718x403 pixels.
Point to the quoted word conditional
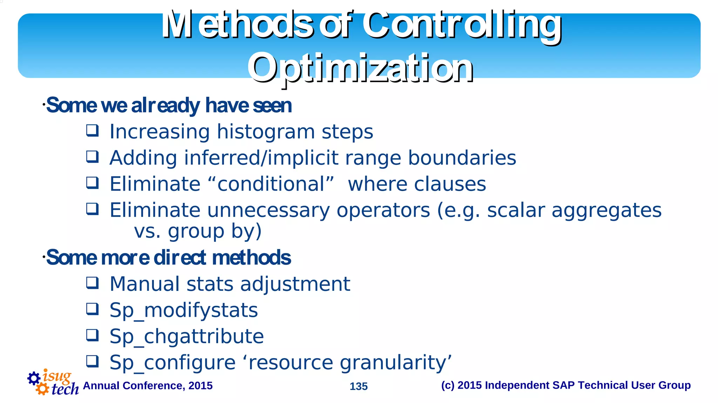pos(271,184)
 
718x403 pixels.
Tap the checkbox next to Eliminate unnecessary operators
pos(93,209)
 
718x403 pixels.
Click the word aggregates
pos(606,210)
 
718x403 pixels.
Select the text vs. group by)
pos(198,231)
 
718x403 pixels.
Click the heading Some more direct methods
pos(168,258)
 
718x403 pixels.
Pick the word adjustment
pos(295,284)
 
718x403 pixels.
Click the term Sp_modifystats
pos(183,310)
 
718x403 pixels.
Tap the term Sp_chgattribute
pos(187,336)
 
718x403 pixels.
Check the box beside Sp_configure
pos(93,361)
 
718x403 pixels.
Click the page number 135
pos(358,386)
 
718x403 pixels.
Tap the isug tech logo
pos(53,382)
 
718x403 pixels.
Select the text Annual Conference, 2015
pos(148,385)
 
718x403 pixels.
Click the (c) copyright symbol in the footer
pos(448,385)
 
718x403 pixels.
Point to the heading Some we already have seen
pos(169,105)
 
